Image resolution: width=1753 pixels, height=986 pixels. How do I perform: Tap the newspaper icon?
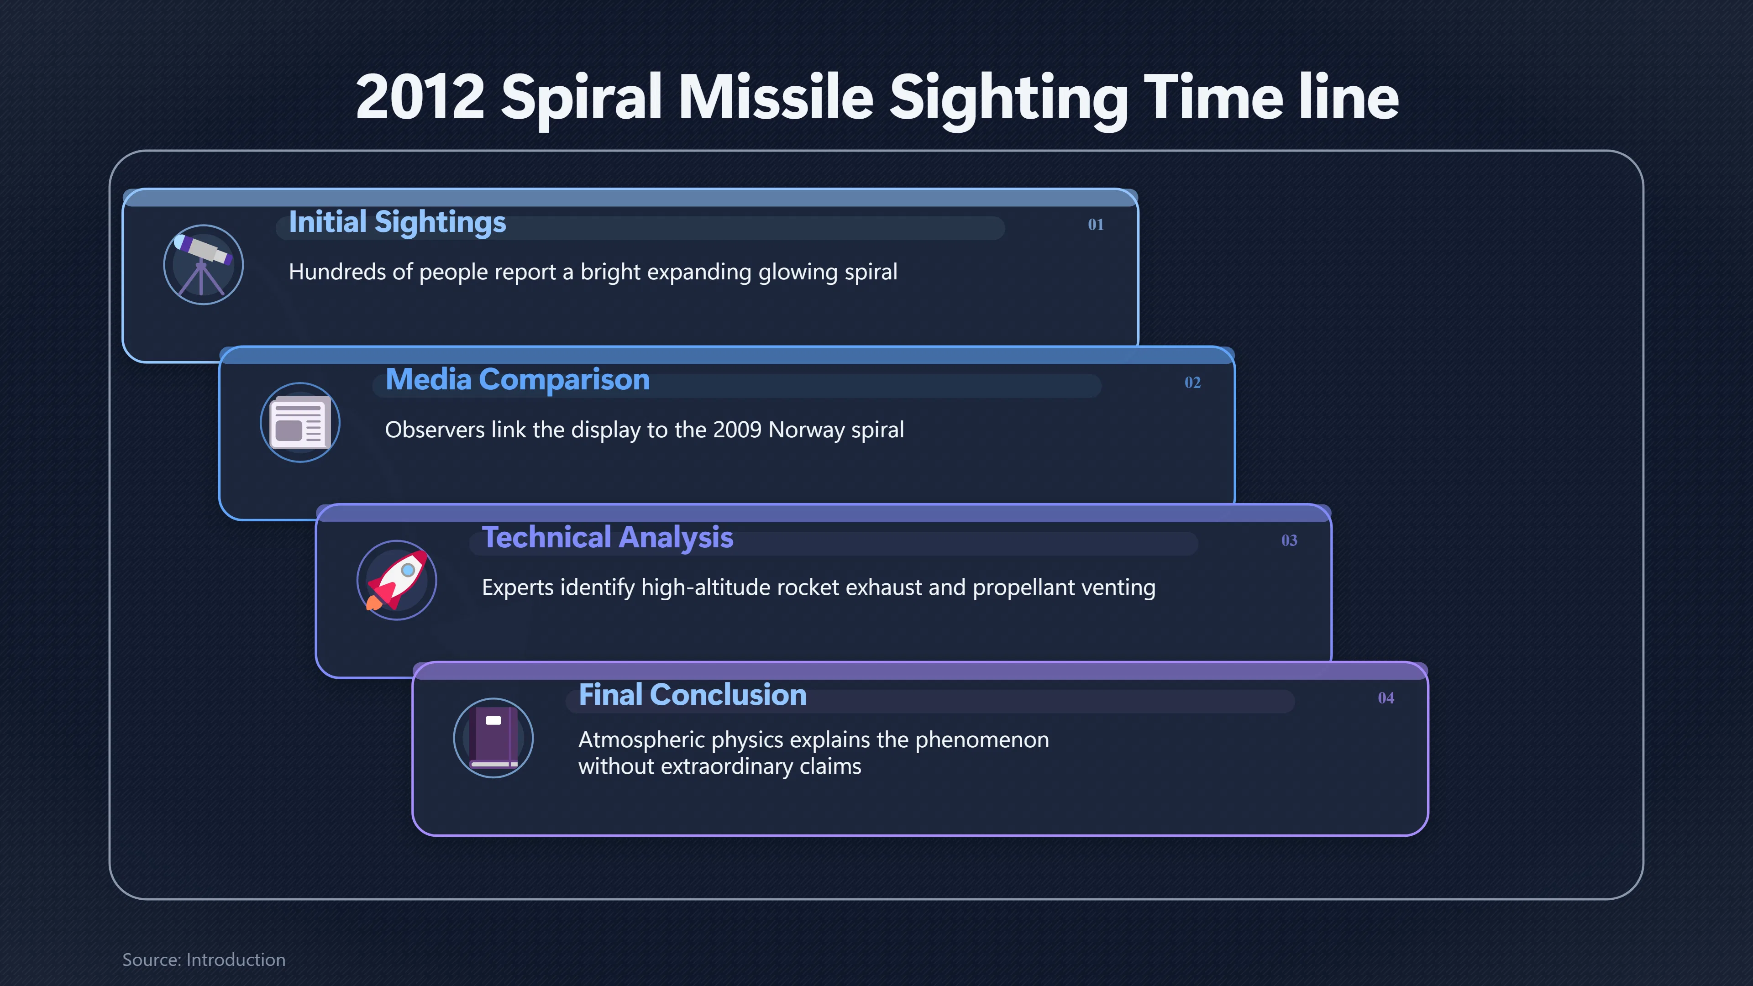[x=300, y=423]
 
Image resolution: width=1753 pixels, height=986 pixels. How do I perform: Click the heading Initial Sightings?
[x=398, y=222]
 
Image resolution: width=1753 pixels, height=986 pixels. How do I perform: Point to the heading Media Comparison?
[x=517, y=380]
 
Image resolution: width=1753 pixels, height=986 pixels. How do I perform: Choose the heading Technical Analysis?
[x=608, y=538]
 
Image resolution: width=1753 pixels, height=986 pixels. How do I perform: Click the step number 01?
[x=1096, y=225]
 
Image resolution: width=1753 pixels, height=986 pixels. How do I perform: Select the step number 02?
[x=1192, y=383]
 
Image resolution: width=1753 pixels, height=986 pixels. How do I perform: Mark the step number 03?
[x=1289, y=540]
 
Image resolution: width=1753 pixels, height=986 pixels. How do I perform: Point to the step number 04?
[x=1386, y=698]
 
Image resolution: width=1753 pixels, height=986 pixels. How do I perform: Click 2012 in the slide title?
[x=420, y=97]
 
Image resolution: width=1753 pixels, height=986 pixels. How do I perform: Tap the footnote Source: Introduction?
[x=204, y=960]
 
